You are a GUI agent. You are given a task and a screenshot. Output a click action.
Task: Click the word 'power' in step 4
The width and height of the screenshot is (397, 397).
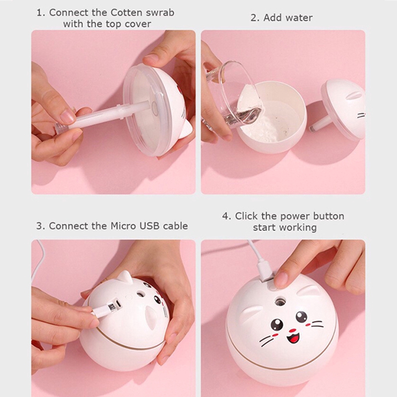point(295,217)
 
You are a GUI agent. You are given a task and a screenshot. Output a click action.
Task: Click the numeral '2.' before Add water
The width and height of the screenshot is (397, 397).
point(255,18)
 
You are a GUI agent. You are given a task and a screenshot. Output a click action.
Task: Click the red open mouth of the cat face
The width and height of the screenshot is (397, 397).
point(293,338)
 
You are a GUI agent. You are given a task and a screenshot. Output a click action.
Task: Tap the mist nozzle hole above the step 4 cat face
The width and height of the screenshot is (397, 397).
point(279,301)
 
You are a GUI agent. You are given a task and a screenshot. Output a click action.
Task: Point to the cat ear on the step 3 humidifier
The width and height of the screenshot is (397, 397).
point(125,277)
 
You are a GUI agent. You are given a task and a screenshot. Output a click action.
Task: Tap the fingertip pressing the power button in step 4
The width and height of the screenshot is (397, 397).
point(281,280)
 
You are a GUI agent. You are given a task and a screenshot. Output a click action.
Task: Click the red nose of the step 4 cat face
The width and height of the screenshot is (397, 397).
point(293,330)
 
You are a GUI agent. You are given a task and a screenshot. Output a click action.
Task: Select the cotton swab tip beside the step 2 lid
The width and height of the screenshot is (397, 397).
point(313,130)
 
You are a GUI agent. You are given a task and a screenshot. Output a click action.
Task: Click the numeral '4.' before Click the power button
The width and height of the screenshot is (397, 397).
point(227,217)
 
